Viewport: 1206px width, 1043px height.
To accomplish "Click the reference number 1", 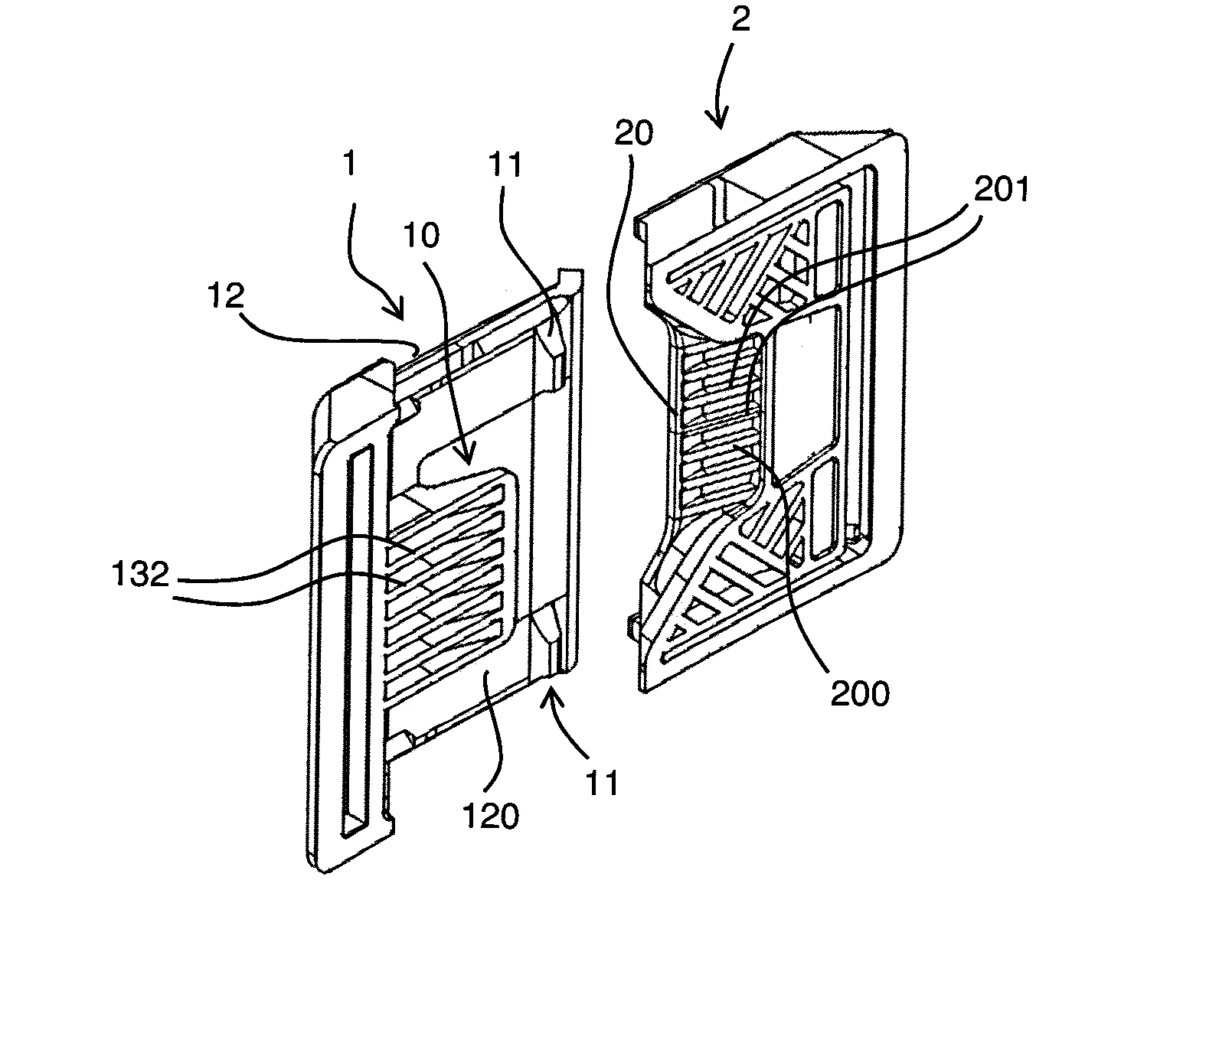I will (350, 165).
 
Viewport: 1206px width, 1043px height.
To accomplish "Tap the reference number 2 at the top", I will (739, 20).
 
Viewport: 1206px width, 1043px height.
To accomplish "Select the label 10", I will (422, 236).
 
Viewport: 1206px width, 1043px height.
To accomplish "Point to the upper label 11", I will (505, 167).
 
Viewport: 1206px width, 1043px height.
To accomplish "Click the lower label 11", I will (601, 784).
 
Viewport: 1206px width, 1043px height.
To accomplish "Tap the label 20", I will (634, 134).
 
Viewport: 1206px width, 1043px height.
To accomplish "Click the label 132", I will (139, 573).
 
